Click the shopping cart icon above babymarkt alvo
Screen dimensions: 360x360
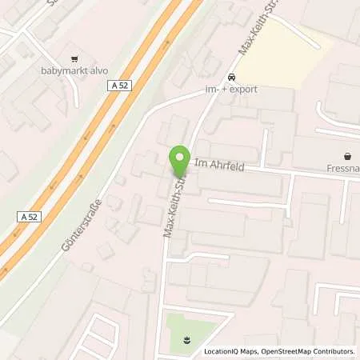click(74, 58)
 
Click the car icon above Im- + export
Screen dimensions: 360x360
click(231, 77)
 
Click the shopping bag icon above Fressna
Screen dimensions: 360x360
click(347, 157)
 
